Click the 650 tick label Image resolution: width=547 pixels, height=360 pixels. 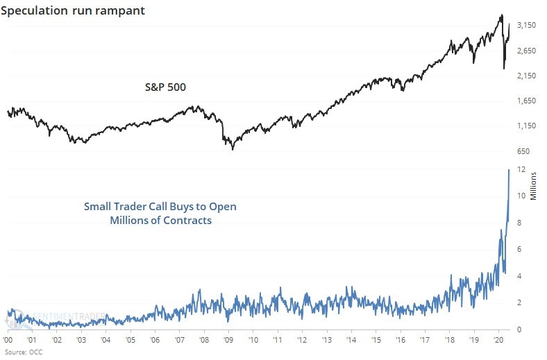[528, 151]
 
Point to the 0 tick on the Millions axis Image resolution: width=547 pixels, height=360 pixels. [519, 329]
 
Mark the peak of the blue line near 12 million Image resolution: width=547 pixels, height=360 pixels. [509, 169]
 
